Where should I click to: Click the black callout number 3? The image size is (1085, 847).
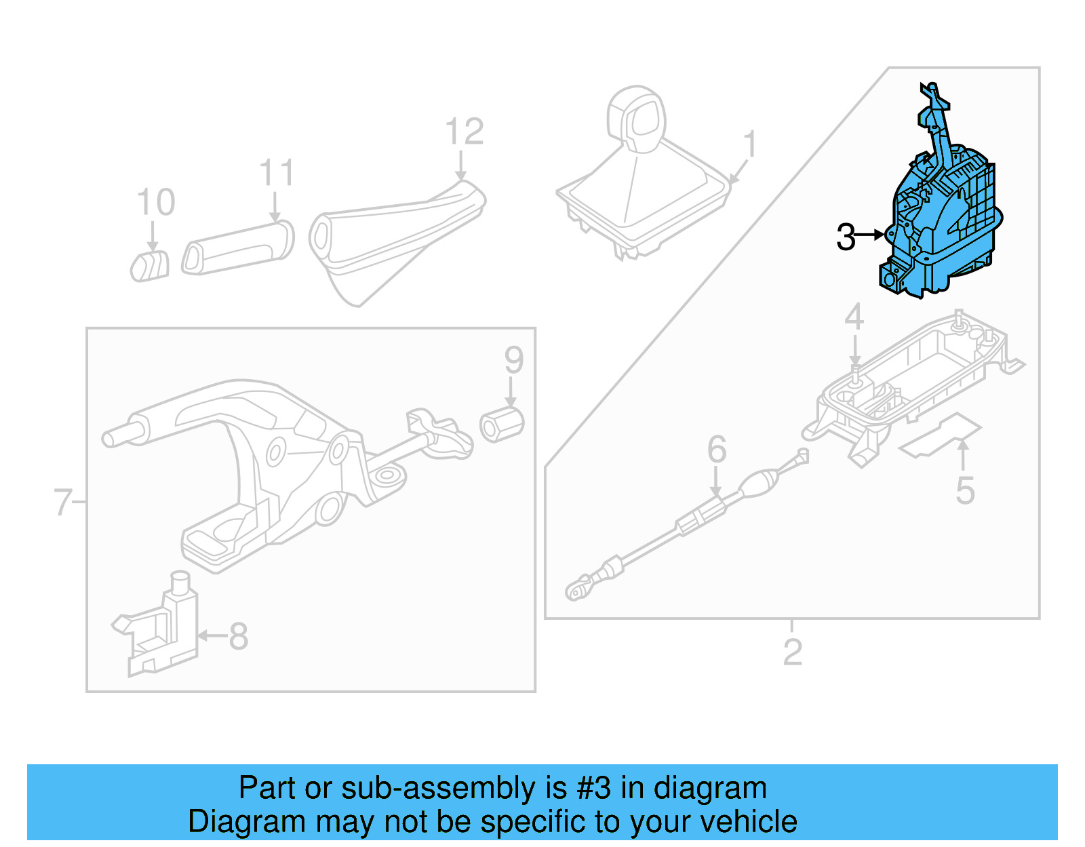click(846, 237)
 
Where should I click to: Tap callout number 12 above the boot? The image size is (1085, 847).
click(465, 132)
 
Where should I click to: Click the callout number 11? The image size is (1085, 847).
click(277, 174)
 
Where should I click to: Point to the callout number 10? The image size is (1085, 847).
click(156, 202)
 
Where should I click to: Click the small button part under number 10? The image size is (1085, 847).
click(150, 266)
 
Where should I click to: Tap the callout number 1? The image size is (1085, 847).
click(749, 144)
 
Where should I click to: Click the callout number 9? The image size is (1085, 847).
click(514, 360)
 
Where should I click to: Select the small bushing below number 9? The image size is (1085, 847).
click(502, 425)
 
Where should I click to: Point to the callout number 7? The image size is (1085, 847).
click(62, 503)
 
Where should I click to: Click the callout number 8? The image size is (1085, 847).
click(239, 636)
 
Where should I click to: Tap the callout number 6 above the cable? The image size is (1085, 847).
click(717, 450)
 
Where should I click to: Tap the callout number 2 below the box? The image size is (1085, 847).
click(792, 652)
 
